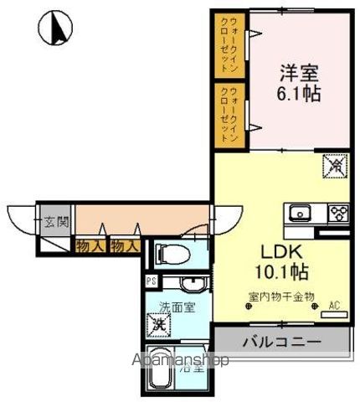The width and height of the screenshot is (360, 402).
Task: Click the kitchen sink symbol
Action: click(299, 212)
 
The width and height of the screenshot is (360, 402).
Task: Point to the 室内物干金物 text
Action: click(281, 296)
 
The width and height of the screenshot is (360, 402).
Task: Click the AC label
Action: click(334, 305)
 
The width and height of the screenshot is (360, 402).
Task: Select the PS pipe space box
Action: click(152, 281)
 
